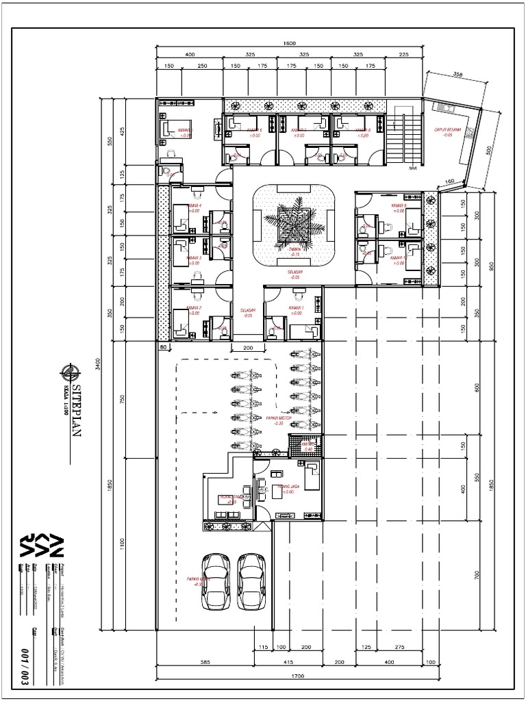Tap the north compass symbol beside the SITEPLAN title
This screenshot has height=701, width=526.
click(68, 373)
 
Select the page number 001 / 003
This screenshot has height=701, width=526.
click(25, 662)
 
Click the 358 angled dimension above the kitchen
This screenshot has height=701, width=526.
click(458, 74)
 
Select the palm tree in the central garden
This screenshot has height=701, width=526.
click(293, 223)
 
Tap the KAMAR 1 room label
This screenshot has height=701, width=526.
click(296, 309)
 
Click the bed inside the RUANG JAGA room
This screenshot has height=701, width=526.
click(311, 475)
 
